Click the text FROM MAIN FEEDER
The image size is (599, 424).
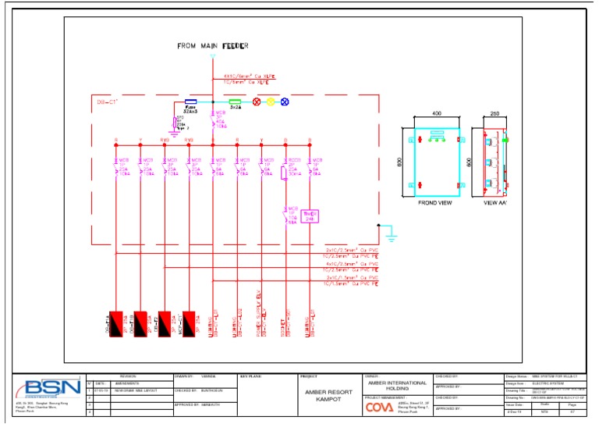212,46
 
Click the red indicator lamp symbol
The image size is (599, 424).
257,102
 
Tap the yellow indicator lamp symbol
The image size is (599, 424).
271,102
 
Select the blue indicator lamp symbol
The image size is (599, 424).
285,102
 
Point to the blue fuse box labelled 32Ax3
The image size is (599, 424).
190,102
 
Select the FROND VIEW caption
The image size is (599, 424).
435,201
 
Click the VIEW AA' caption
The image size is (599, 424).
494,201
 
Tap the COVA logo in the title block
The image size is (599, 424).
381,407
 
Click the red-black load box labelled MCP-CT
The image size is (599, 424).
188,320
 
